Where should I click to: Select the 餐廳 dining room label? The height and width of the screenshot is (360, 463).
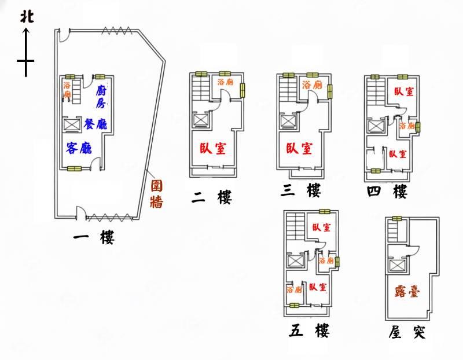click(x=95, y=124)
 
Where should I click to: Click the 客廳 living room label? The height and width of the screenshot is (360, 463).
click(x=79, y=148)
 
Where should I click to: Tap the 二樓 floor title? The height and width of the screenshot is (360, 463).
click(x=211, y=197)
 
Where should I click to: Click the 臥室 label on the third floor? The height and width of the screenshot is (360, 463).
click(x=299, y=148)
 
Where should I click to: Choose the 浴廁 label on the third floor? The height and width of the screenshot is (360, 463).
click(x=312, y=85)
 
